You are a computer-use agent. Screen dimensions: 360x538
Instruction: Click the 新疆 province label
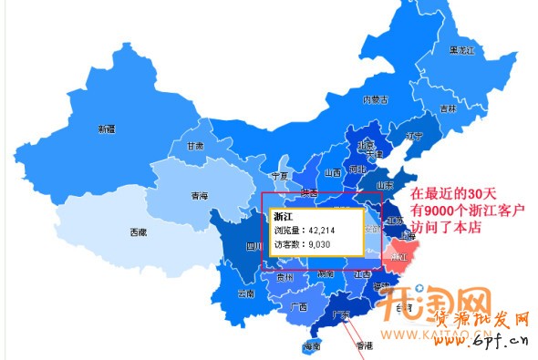coord(108,129)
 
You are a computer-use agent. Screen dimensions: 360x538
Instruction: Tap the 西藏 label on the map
coord(138,232)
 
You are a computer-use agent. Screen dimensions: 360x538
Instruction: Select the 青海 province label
coord(199,196)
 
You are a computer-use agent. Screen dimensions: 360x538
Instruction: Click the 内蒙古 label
coord(376,98)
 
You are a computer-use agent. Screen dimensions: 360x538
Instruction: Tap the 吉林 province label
coord(448,108)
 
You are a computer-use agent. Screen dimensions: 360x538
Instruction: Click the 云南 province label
coord(245,294)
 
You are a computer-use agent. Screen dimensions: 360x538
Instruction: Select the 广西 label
coord(298,307)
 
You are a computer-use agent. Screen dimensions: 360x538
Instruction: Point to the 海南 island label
coord(312,347)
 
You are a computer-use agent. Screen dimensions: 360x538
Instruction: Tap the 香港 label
coord(365,346)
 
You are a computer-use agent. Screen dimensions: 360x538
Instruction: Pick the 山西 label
coord(332,172)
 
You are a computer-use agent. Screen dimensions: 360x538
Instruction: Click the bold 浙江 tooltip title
coord(285,215)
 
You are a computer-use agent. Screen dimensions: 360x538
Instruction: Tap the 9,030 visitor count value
coord(319,245)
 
